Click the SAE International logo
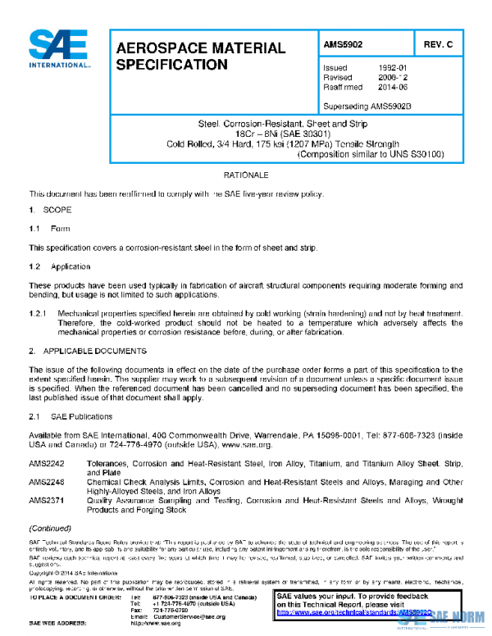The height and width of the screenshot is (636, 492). coord(59,49)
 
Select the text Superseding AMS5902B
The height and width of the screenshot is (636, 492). coord(367,106)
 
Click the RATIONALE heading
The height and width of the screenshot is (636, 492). coord(246,175)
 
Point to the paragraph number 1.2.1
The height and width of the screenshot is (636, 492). coord(39,314)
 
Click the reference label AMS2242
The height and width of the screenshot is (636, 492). coord(47,464)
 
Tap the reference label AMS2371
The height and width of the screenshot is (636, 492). coord(47,499)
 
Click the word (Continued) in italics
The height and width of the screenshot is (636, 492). coord(50,528)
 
